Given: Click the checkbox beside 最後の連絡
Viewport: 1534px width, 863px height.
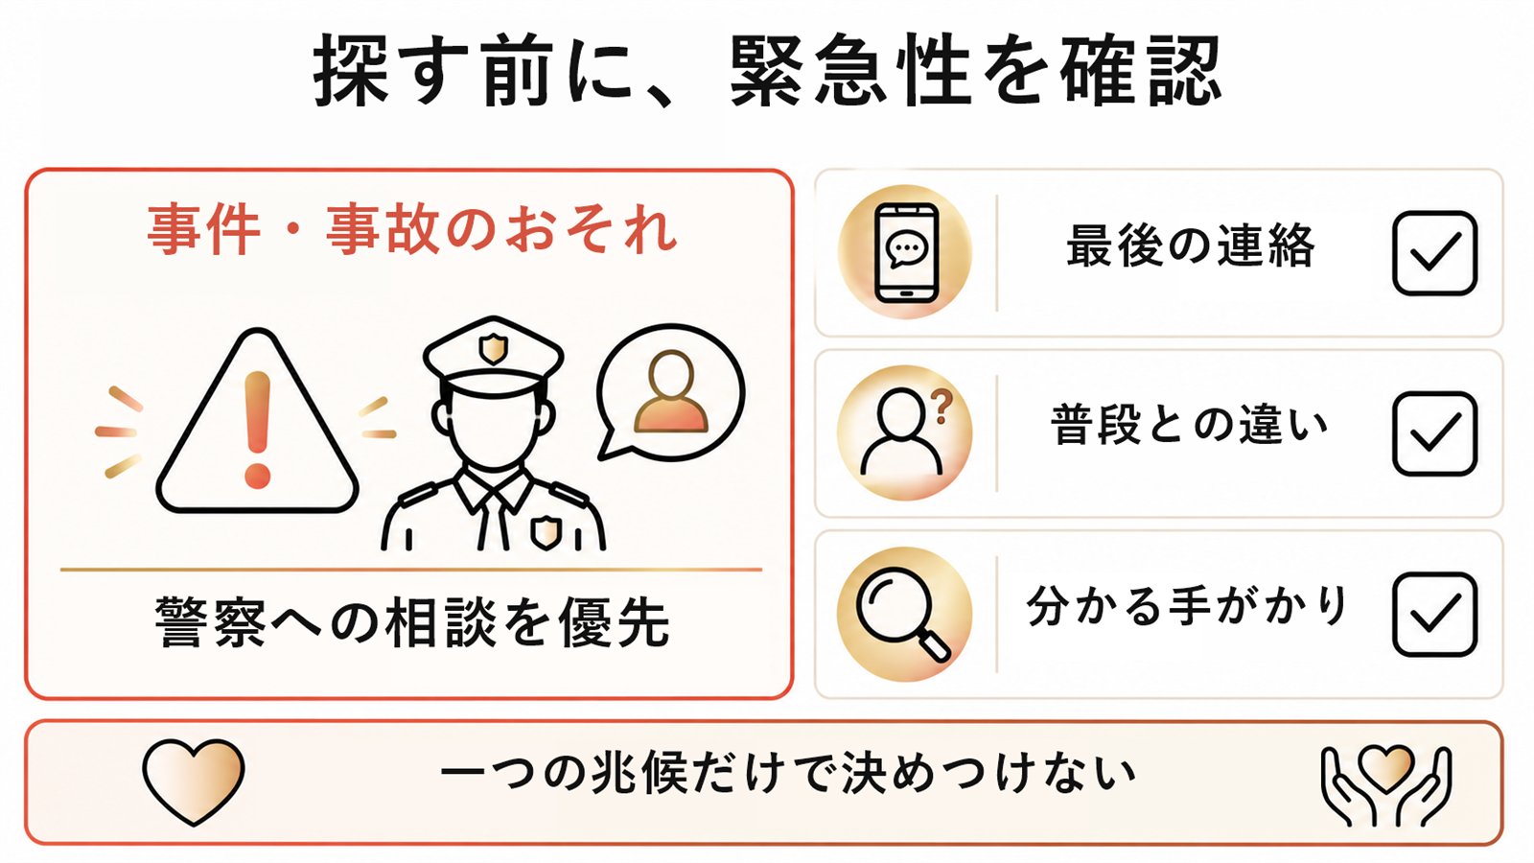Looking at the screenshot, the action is (1434, 253).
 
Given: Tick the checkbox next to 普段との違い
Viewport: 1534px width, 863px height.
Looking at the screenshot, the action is (1434, 433).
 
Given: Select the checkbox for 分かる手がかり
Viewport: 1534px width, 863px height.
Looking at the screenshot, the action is (1434, 615).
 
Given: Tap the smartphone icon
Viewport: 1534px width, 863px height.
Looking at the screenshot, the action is (906, 252).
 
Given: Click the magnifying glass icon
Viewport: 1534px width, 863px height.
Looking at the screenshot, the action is (902, 614).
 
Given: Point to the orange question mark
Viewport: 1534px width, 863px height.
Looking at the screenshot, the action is (943, 407).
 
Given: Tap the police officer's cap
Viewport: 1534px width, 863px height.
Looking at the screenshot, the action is (493, 356).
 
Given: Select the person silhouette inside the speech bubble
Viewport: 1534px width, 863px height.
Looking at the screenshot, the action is (670, 392).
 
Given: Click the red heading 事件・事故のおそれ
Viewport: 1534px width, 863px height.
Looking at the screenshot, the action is (412, 229).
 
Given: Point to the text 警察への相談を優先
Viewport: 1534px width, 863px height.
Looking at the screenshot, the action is (412, 622).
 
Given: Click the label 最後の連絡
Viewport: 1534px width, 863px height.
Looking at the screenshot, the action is (1191, 245).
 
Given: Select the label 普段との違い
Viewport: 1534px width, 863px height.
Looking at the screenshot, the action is (1190, 425).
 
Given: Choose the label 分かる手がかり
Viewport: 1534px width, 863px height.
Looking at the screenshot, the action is (1187, 606).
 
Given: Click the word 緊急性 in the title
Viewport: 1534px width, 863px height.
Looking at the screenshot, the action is (851, 70).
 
